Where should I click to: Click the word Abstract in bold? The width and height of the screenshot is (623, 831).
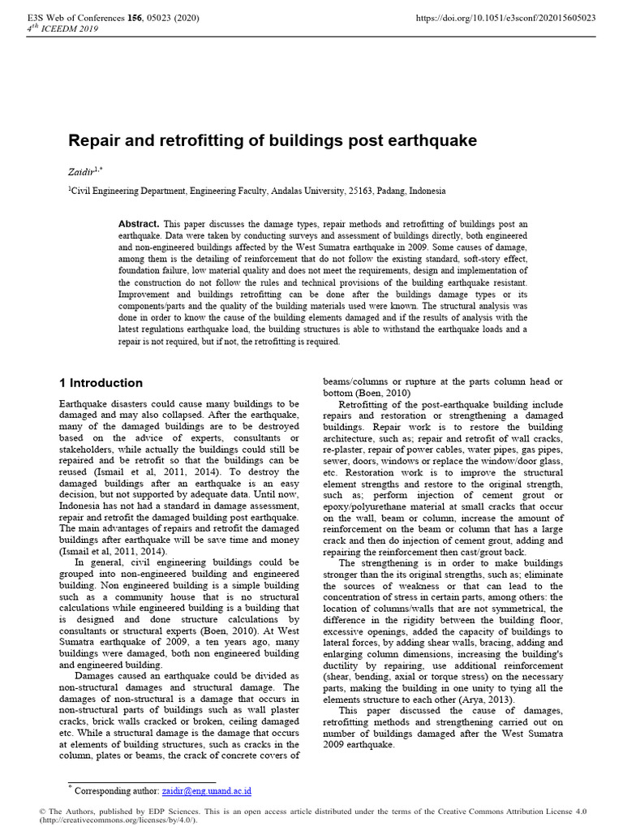(x=139, y=223)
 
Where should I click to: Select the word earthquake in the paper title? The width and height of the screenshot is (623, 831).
(x=434, y=140)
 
